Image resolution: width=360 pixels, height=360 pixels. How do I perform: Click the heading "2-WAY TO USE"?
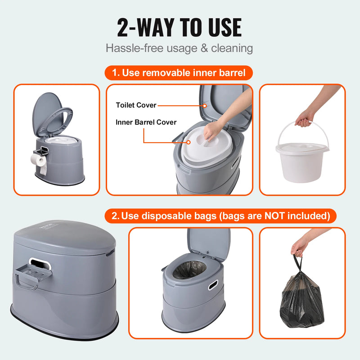[180, 28]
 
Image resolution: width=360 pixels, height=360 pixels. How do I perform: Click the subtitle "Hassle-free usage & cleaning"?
[180, 48]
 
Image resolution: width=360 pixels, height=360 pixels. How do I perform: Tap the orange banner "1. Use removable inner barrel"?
[179, 73]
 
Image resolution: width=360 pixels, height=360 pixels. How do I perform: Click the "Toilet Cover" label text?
[136, 105]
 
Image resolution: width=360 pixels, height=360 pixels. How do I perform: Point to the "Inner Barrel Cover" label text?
[146, 122]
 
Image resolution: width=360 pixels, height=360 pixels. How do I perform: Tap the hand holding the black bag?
[300, 246]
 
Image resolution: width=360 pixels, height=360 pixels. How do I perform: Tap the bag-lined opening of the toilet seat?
[189, 270]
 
